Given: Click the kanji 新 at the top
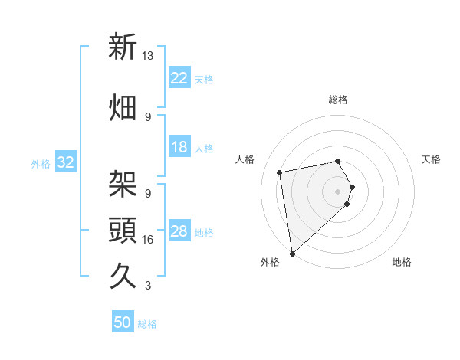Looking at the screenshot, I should pos(123,47).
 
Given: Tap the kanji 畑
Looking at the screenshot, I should pos(123,107).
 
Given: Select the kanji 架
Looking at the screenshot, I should pos(123,184).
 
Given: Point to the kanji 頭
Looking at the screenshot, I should pos(123,229).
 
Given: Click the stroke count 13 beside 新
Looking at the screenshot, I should pos(148,57).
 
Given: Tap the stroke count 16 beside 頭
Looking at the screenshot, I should pos(148,240).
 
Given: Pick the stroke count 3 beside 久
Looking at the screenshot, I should pos(148,286).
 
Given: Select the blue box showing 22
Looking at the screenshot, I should pos(179,78).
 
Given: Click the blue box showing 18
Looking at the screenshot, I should pos(179,147).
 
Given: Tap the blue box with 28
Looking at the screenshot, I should pos(179,231).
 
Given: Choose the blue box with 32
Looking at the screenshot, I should pos(65,162).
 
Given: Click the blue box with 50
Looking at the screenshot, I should pos(123,322).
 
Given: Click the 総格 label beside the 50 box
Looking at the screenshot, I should pos(147,324).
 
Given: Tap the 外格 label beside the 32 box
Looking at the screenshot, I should pos(41,163).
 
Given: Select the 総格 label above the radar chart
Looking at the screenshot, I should pos(338,100).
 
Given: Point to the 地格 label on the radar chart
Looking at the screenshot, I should pos(402,263).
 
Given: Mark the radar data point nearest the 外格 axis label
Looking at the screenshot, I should pos(292,252).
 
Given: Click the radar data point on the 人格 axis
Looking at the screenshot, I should pos(280,172).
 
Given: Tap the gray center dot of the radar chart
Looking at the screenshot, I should pos(338,191).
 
